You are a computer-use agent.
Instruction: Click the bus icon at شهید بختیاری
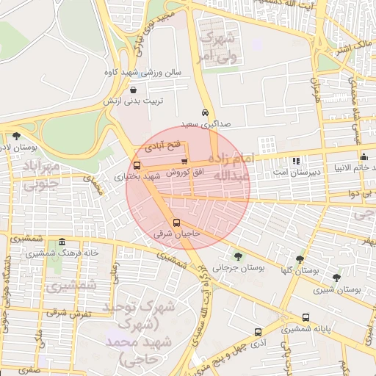point(137,165)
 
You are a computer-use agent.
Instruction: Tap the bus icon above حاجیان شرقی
point(176,223)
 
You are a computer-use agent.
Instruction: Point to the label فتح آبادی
point(166,147)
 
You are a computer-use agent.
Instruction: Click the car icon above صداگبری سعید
point(204,113)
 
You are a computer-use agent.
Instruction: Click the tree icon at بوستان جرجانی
point(237,256)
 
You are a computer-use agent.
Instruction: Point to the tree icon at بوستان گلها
point(299,259)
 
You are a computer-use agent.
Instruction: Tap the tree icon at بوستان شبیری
point(336,278)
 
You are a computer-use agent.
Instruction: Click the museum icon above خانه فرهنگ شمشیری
point(62,242)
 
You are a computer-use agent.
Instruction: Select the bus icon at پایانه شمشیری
point(305,318)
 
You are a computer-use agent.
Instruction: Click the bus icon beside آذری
point(257,332)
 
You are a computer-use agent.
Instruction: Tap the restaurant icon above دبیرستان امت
point(296,161)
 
